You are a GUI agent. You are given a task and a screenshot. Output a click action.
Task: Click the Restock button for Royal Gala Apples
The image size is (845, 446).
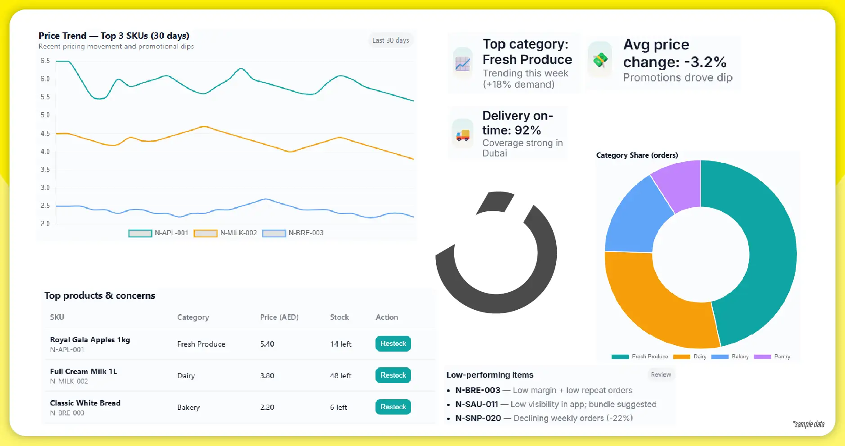tap(393, 343)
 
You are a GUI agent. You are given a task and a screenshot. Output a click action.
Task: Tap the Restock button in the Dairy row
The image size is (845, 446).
tap(393, 375)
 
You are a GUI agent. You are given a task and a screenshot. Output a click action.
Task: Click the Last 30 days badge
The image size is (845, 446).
tap(390, 40)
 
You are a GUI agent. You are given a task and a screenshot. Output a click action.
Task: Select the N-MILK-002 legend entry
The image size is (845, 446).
tap(225, 233)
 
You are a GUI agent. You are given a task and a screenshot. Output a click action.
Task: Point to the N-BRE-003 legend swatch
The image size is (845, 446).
tap(274, 233)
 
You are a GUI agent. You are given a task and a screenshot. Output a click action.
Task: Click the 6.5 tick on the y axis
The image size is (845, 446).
tap(45, 61)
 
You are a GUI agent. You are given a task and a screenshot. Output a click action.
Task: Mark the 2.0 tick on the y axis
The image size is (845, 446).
tap(45, 223)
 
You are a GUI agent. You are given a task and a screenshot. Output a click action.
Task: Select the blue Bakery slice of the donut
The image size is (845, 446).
tap(634, 220)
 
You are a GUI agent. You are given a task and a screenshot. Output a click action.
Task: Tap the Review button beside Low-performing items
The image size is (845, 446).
tap(661, 375)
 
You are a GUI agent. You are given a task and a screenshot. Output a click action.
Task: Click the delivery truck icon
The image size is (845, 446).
tap(463, 134)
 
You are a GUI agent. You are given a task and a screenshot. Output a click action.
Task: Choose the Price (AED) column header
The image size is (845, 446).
tap(279, 317)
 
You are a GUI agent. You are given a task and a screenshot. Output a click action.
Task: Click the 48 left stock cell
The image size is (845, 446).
tap(340, 375)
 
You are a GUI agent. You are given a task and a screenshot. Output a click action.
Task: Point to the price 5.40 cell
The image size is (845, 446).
tap(267, 344)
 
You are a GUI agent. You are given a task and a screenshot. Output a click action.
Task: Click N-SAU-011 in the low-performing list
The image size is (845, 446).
tap(476, 404)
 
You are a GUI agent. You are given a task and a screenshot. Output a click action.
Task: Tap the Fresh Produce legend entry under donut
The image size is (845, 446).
tap(640, 357)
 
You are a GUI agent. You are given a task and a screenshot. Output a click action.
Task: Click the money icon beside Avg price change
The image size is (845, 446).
tap(600, 60)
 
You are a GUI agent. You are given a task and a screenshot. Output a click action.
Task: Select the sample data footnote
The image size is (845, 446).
tap(808, 424)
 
